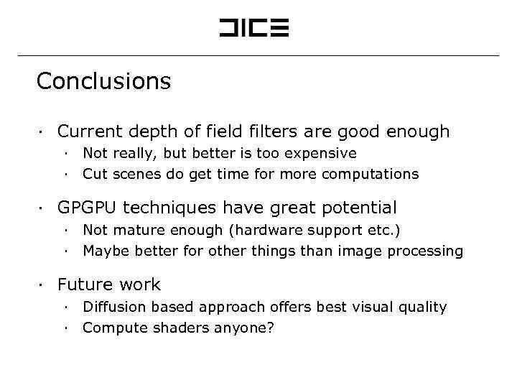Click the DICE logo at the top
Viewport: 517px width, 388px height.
(x=253, y=29)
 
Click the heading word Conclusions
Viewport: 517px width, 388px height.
(x=103, y=81)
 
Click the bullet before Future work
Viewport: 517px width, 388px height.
(x=43, y=285)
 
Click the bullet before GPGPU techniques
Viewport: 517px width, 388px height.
(x=43, y=209)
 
